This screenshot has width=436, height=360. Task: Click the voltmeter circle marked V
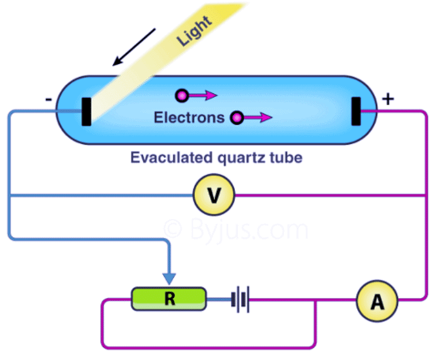(x=213, y=195)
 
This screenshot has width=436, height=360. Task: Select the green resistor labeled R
(x=168, y=298)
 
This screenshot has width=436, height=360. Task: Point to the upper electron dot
(x=180, y=95)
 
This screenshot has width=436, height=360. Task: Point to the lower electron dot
(x=237, y=117)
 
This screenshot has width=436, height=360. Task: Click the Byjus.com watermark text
(x=236, y=230)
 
